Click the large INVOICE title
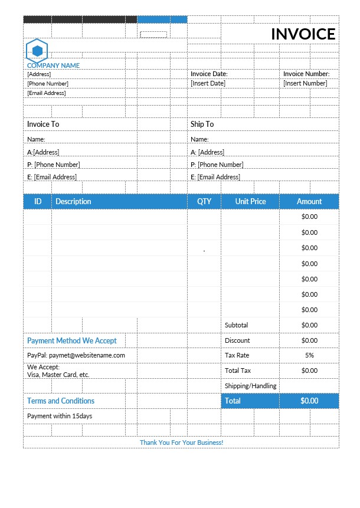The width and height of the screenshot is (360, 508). pyautogui.click(x=303, y=34)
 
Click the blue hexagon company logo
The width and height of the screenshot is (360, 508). pyautogui.click(x=37, y=50)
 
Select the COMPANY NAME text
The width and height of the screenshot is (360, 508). pyautogui.click(x=53, y=65)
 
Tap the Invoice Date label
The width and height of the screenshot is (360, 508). pyautogui.click(x=209, y=74)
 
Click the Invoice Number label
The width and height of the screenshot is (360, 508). pyautogui.click(x=306, y=74)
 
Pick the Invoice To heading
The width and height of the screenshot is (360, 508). pyautogui.click(x=43, y=124)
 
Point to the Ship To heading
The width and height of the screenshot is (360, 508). pyautogui.click(x=202, y=124)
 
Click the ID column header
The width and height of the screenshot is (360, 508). pyautogui.click(x=38, y=202)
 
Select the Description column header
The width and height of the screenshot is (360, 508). pyautogui.click(x=73, y=202)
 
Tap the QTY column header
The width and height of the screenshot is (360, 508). pyautogui.click(x=204, y=202)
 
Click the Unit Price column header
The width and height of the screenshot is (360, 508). pyautogui.click(x=250, y=202)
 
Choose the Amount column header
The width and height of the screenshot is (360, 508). pyautogui.click(x=309, y=202)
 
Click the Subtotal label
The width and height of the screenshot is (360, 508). pyautogui.click(x=237, y=325)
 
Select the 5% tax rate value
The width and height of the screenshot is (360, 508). pyautogui.click(x=309, y=355)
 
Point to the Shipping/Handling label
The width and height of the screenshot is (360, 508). pyautogui.click(x=251, y=386)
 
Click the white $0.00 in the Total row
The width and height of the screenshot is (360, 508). pyautogui.click(x=309, y=401)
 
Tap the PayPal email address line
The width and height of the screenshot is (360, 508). pyautogui.click(x=76, y=355)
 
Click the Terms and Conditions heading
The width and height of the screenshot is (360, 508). pyautogui.click(x=61, y=401)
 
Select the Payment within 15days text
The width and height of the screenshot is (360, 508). pyautogui.click(x=60, y=416)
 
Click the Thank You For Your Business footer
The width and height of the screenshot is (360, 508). pyautogui.click(x=181, y=443)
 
